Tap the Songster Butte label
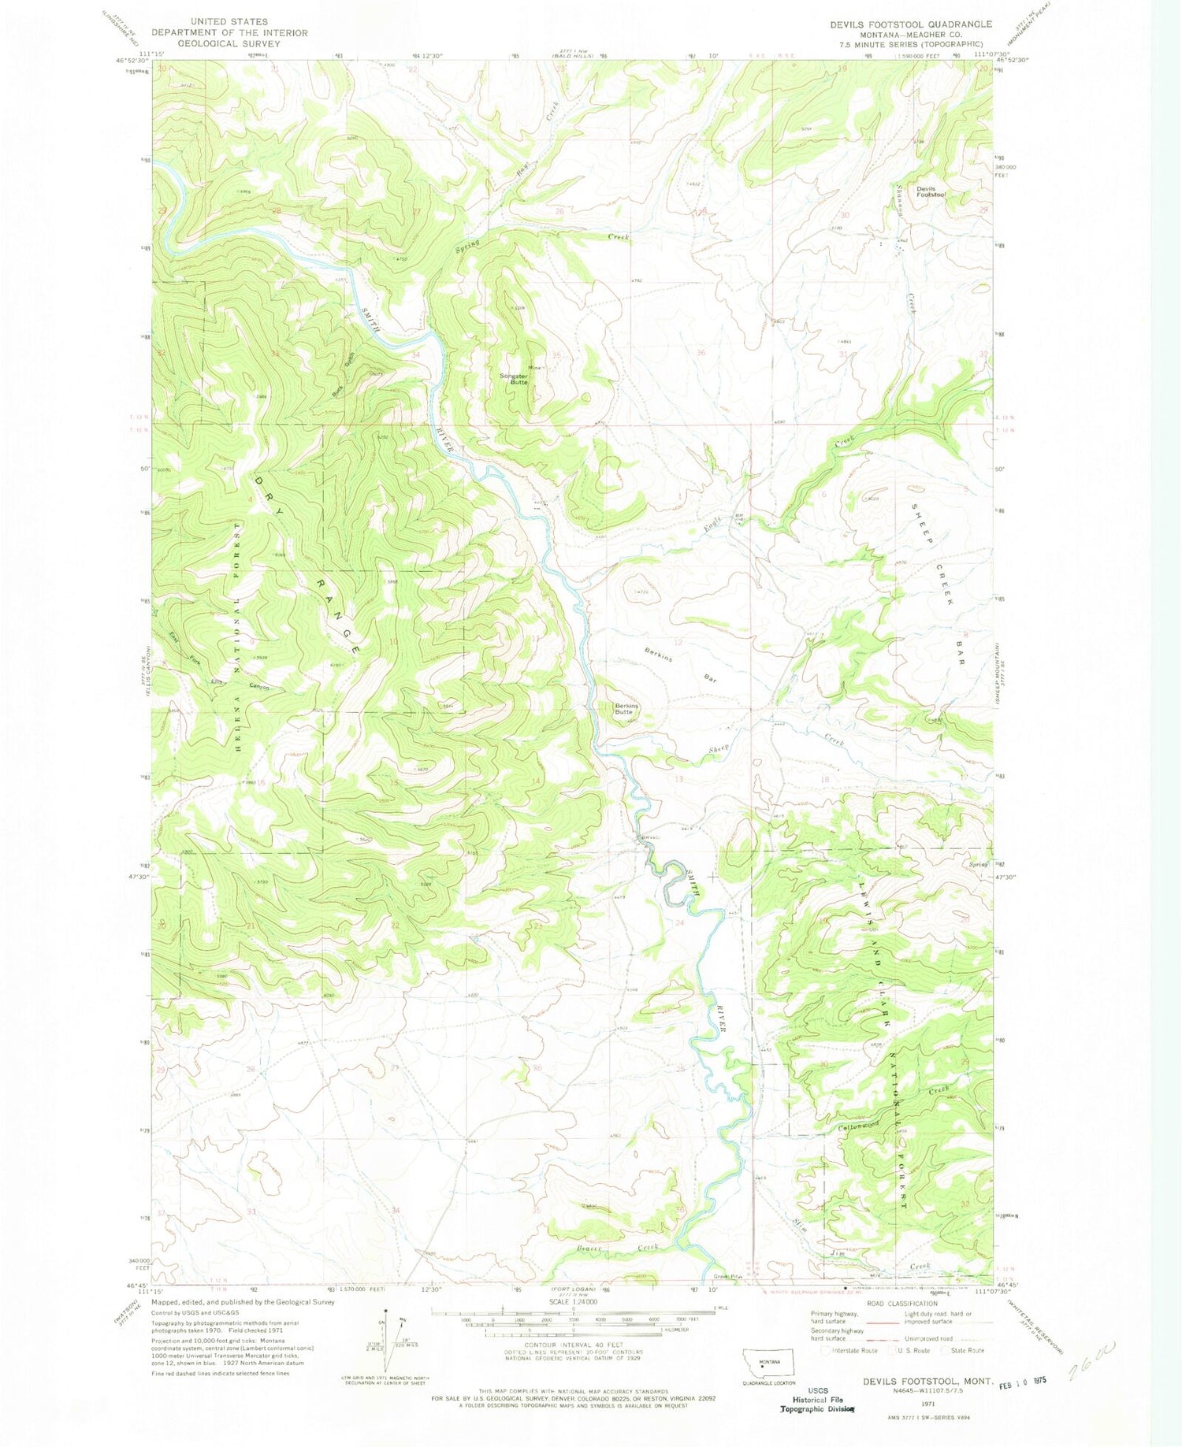[515, 378]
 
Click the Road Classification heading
[898, 1304]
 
